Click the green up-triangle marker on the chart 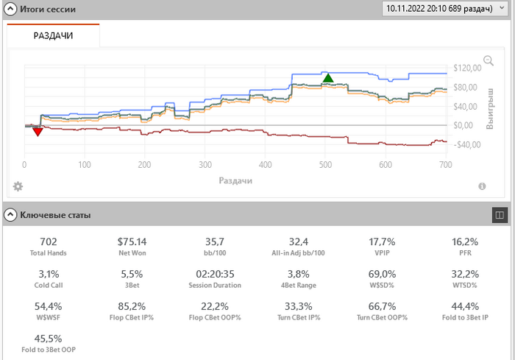328,77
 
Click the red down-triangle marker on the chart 38,131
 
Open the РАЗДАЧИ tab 53,35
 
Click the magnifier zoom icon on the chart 488,61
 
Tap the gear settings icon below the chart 18,186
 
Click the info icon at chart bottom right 482,186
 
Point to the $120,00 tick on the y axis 467,68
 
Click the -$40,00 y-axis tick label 466,145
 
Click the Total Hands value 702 49,241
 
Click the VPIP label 383,253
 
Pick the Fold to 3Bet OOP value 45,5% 49,339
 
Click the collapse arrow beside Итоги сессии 10,9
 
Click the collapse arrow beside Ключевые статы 10,215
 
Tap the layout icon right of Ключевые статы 500,215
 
